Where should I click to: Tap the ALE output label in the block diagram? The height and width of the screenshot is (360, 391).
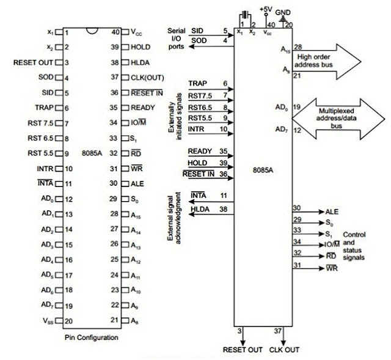[332, 211]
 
